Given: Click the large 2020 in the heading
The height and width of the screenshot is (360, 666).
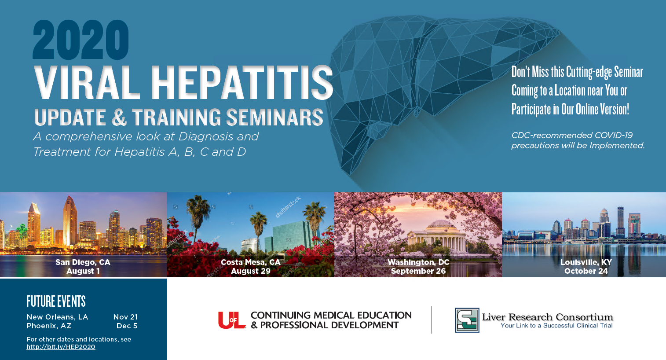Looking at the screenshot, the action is pos(81,40).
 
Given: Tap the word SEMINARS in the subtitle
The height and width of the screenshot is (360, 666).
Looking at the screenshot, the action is pos(275,117).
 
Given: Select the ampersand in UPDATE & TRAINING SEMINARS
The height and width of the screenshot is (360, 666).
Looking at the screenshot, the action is pos(119,117).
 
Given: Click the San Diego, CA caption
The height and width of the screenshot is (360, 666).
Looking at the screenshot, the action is pos(83,262).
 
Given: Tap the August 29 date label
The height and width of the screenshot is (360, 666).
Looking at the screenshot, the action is pos(251,271).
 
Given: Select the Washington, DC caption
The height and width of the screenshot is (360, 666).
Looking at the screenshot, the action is pos(418,262).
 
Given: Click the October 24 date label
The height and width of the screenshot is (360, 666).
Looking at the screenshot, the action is pos(586,271).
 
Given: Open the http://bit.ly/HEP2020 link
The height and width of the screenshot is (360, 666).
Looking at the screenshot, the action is pos(61,347).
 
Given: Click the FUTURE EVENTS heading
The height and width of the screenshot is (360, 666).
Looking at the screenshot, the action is pos(56,301).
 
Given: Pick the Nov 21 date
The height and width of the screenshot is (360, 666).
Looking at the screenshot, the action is pos(125,317).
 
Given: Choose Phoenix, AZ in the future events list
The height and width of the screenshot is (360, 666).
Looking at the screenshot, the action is pos(49,326).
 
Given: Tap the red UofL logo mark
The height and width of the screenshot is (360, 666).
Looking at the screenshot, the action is pos(232,320).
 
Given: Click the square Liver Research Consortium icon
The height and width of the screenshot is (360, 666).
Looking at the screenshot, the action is pos(467,320).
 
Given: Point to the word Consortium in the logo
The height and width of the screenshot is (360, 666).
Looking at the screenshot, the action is pos(585,317).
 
